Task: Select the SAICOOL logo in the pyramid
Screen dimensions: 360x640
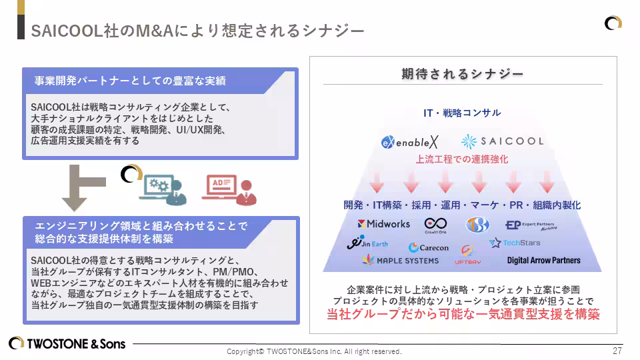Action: pos(502,141)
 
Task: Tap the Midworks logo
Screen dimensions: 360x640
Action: pos(383,224)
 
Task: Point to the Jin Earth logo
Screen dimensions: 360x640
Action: pos(367,243)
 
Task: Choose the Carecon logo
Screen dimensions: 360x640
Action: pos(429,247)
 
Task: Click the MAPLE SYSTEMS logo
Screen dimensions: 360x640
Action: pos(401,260)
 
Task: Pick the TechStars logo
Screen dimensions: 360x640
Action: pos(515,243)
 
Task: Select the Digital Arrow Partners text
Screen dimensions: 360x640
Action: pos(543,260)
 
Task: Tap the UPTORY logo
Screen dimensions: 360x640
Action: pos(467,255)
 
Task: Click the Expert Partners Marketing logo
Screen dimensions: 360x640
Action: pos(531,225)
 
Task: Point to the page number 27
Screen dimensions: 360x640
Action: pos(617,351)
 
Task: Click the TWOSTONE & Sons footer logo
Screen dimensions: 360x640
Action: pos(67,344)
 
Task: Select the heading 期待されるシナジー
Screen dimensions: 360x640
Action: pos(462,74)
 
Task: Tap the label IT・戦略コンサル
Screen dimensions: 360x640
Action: pos(462,113)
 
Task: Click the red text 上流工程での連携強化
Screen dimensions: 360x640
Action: pos(462,159)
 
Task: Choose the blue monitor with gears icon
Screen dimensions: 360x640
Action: pos(161,189)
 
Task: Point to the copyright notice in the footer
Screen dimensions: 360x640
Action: pos(314,351)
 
